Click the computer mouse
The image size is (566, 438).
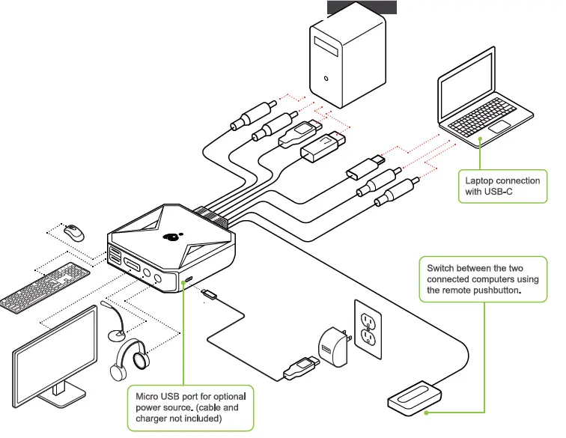pos(74,233)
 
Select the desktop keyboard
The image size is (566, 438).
pos(45,287)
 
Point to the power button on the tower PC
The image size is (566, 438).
pos(326,79)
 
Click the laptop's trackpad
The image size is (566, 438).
pos(499,127)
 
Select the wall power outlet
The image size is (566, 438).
pos(368,329)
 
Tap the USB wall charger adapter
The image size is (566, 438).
pos(334,347)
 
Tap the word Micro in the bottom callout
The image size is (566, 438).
pos(147,397)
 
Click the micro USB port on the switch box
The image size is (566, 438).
pos(189,279)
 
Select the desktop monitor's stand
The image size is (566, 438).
pos(60,392)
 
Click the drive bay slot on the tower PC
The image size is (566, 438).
pos(326,46)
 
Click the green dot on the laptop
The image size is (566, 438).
pos(480,139)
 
